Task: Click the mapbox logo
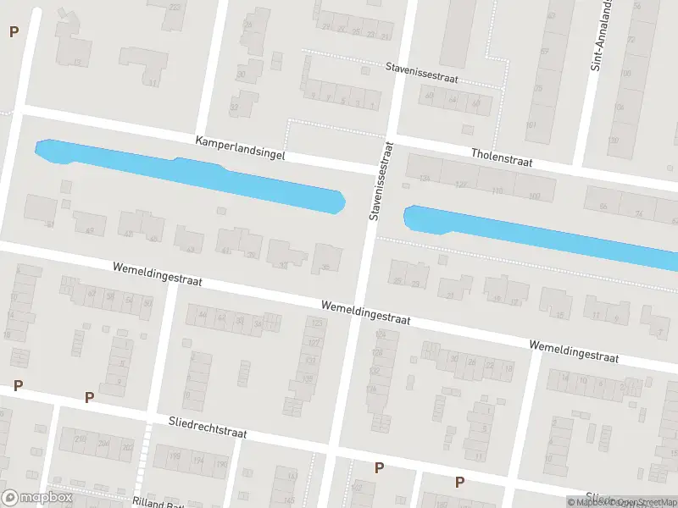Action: pos(36,498)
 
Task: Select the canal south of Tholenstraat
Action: pos(542,233)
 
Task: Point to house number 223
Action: pos(175,7)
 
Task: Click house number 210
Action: pos(81,439)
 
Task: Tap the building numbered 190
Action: pos(221,464)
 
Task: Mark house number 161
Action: pos(532,125)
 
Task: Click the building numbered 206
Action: pos(103,443)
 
